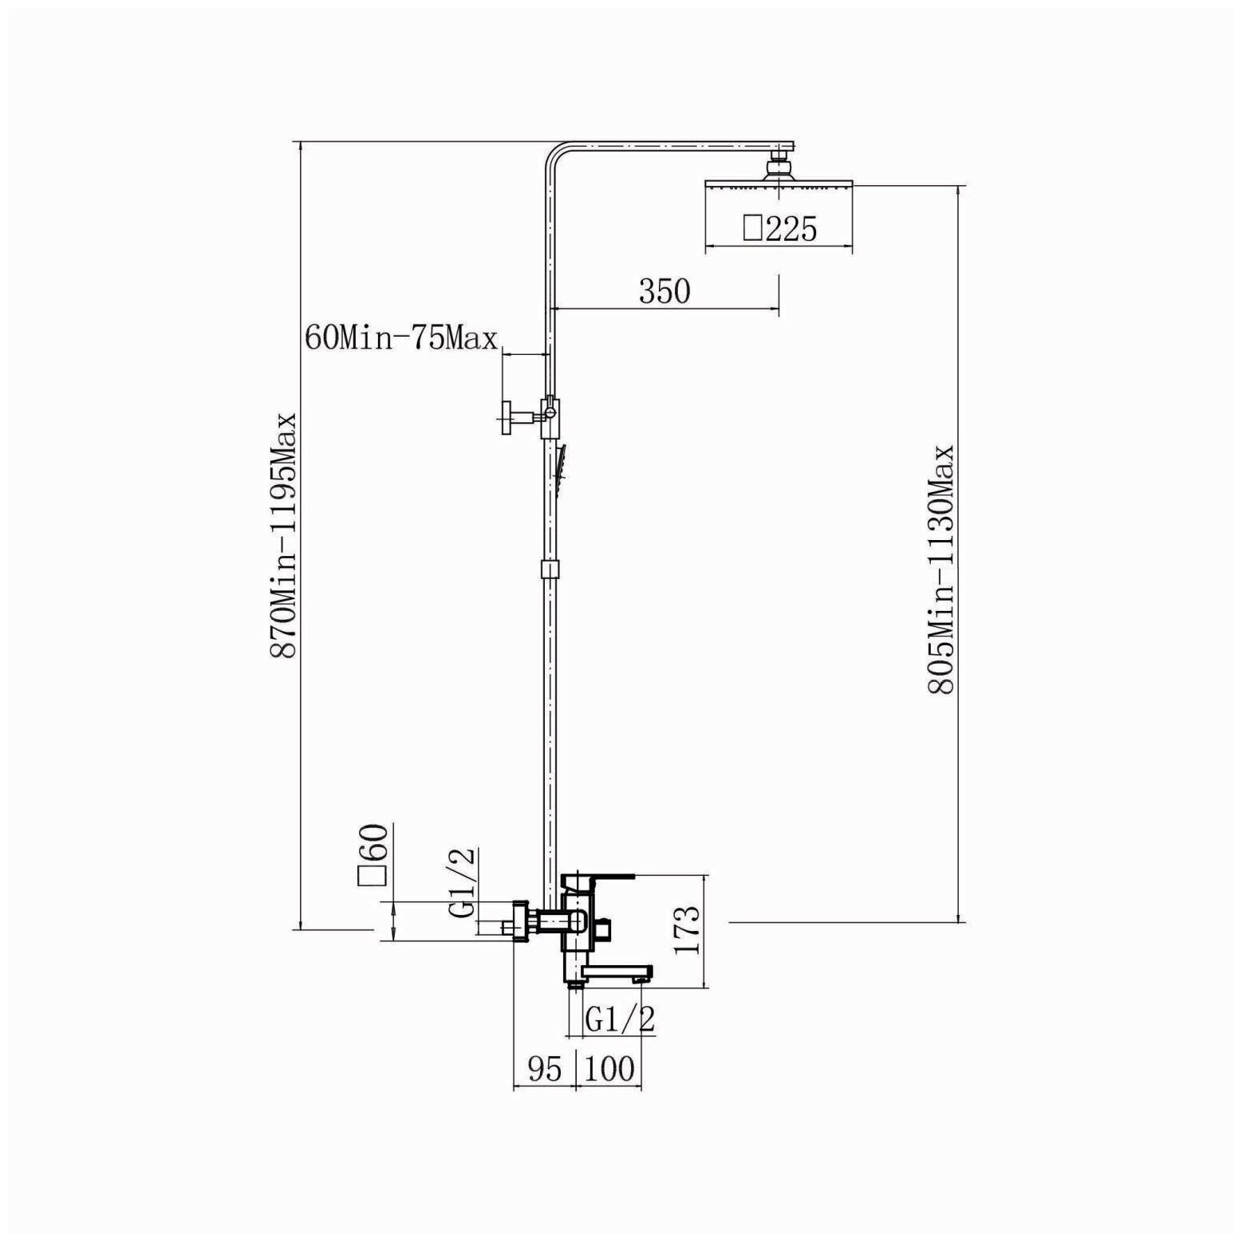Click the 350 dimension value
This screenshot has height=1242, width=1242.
(664, 292)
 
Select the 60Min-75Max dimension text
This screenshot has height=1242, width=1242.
(400, 338)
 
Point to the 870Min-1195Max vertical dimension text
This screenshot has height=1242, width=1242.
(284, 534)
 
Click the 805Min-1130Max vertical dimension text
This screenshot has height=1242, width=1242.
(942, 569)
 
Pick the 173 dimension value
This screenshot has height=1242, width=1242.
(688, 930)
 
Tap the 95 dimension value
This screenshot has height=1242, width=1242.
(546, 1069)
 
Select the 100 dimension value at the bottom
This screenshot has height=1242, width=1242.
(609, 1069)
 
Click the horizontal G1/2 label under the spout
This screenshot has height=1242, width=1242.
(620, 1019)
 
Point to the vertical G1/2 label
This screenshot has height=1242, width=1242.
(463, 882)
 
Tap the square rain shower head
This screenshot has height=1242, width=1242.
(779, 185)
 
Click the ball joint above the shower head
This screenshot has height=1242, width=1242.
(779, 168)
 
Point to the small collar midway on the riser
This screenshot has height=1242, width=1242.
(549, 569)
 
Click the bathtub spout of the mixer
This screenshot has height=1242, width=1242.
(616, 972)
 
